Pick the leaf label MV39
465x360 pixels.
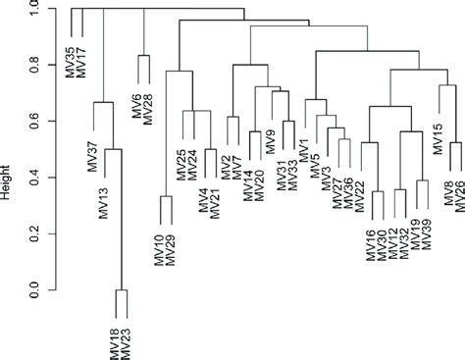click(x=427, y=235)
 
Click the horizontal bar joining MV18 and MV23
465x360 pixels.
click(x=122, y=290)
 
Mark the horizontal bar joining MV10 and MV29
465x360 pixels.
click(x=166, y=196)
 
